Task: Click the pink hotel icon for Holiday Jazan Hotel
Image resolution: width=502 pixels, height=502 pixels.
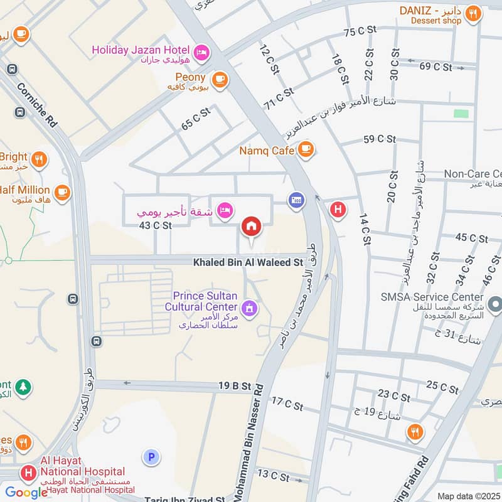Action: [202, 50]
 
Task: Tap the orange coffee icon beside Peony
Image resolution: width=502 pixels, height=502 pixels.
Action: [219, 79]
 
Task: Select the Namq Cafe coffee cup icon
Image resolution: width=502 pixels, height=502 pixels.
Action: [306, 149]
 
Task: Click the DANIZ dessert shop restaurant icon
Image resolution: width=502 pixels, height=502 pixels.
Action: [474, 13]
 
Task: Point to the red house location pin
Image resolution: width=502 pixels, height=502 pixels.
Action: [252, 226]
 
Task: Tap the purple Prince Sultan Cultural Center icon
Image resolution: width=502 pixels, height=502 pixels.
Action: [249, 307]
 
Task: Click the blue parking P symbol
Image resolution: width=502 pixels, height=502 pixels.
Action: [151, 457]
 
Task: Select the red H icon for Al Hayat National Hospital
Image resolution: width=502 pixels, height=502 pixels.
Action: [28, 472]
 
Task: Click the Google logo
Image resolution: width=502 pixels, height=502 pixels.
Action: [26, 493]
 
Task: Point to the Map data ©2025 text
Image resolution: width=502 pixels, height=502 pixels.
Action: [467, 496]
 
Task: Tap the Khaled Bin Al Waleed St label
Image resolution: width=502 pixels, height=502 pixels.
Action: [248, 262]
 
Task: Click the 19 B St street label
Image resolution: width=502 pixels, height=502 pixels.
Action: [235, 387]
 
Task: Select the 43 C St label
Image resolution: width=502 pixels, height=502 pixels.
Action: [155, 225]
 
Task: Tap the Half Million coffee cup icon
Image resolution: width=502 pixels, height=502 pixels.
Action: [62, 192]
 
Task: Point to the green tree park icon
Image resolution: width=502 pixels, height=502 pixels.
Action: [23, 387]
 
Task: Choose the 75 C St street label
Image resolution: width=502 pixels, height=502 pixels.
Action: [360, 30]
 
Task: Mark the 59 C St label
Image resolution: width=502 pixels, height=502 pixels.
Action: [380, 139]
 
